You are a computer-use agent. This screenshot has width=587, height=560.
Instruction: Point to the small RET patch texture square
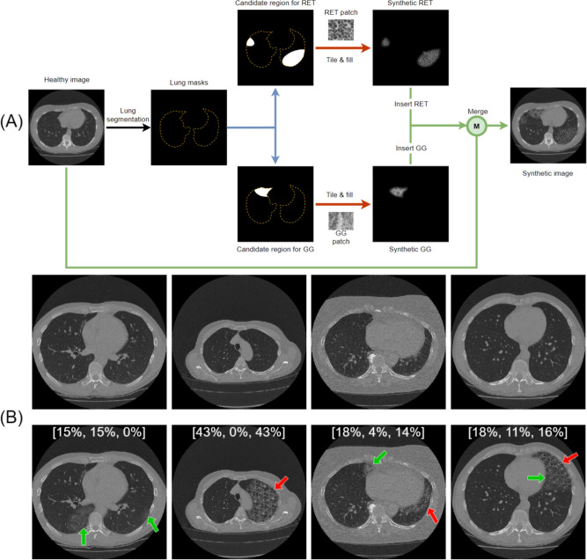point(340,28)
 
